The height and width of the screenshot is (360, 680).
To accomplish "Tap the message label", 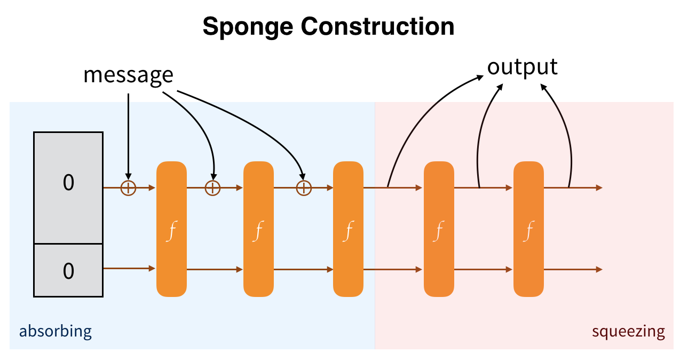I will [x=129, y=75].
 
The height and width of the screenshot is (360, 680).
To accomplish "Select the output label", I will [x=523, y=67].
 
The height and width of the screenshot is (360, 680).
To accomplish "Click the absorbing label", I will [x=56, y=331].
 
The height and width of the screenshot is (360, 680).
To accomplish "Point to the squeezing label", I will [x=628, y=332].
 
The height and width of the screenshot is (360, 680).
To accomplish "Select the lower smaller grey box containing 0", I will [x=68, y=270].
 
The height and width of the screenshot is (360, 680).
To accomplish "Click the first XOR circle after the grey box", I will [x=128, y=187].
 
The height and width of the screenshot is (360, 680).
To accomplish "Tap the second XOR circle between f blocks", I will [x=213, y=187].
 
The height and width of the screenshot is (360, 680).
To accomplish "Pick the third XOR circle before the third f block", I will [x=304, y=187].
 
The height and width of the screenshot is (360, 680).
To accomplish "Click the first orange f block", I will [x=171, y=229].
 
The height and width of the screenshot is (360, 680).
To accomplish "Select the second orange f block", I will [x=258, y=229].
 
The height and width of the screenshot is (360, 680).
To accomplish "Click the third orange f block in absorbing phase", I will [x=348, y=229].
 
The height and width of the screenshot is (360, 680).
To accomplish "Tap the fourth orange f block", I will [x=439, y=229].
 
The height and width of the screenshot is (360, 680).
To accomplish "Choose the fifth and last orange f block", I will [x=528, y=229].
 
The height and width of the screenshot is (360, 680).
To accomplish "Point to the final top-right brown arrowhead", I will [x=599, y=187].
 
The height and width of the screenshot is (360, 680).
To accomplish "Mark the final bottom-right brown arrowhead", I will [x=599, y=269].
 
